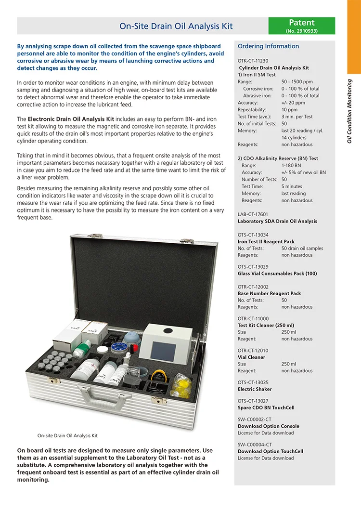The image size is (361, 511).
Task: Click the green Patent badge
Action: [301, 26]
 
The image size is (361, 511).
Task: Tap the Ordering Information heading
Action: [268, 46]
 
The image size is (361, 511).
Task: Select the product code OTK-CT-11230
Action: [253, 61]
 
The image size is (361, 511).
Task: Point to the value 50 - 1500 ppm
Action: [297, 82]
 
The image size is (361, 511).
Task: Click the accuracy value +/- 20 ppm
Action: [293, 103]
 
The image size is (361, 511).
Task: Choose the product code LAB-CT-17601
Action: [253, 214]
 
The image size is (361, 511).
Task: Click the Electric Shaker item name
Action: [255, 389]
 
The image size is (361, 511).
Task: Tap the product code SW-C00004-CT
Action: [255, 445]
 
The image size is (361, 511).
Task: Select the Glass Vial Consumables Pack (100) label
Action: [277, 274]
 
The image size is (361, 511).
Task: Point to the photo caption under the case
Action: [67, 435]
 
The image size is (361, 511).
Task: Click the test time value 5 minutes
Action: [292, 186]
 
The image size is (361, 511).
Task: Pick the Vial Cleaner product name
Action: [251, 357]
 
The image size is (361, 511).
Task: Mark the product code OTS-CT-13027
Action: [253, 401]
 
